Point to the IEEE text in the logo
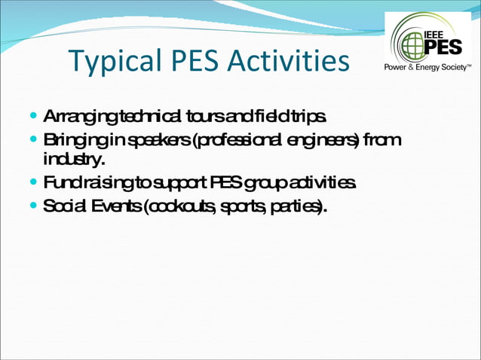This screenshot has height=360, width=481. [x=437, y=34]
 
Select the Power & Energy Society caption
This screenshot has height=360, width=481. [x=428, y=66]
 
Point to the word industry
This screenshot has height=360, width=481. [x=72, y=160]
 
